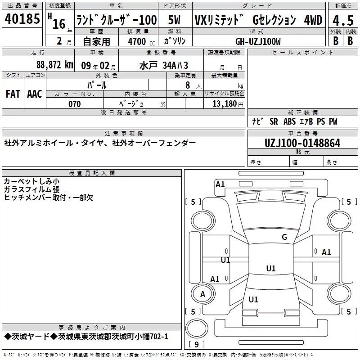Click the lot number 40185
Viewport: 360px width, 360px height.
point(22,18)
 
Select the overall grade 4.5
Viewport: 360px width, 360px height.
point(343,20)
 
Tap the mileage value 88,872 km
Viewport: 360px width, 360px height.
point(54,65)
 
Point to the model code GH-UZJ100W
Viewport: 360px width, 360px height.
point(258,41)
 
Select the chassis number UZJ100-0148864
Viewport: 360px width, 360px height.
point(302,143)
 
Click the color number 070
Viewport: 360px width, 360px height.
point(75,104)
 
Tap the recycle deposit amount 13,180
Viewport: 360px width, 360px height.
point(225,103)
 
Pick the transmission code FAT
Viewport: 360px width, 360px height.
point(13,94)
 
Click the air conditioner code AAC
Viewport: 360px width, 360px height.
point(35,94)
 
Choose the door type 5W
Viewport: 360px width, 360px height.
point(174,20)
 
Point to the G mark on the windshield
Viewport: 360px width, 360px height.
point(284,237)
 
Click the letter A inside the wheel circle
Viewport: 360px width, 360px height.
point(202,294)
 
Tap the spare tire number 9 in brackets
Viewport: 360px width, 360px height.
point(196,344)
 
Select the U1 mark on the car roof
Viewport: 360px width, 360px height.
point(271,268)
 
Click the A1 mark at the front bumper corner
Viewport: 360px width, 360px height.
point(220,184)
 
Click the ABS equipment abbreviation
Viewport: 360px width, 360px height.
point(289,121)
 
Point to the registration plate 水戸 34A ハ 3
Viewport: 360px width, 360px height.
point(163,65)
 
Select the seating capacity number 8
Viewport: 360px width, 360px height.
point(188,85)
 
